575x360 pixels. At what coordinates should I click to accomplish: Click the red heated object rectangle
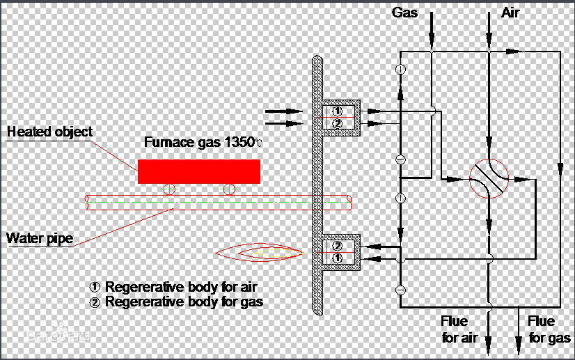tap(198, 171)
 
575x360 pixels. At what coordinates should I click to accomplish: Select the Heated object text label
tap(49, 132)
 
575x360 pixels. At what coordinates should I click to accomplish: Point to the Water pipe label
tap(39, 239)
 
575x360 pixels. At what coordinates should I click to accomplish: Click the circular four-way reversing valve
tap(489, 180)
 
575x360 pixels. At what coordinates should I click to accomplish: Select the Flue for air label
tap(459, 329)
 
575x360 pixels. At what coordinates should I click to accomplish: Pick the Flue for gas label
tap(548, 329)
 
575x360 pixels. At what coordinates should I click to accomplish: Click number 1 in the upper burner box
tap(338, 111)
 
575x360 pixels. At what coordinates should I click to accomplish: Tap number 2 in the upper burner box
tap(338, 123)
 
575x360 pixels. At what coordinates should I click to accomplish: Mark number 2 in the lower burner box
tap(338, 246)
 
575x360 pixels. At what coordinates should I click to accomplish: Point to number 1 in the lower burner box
tap(338, 258)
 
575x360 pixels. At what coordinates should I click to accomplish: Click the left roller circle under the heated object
tap(169, 189)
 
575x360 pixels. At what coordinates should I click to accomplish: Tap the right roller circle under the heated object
tap(228, 189)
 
